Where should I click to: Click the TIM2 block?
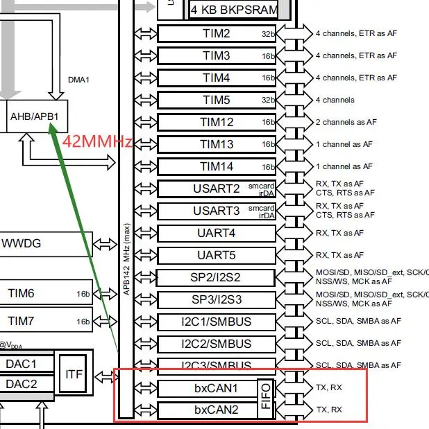pos(216,33)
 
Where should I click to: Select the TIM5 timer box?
pos(216,100)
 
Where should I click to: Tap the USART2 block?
pos(216,189)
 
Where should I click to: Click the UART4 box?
pos(216,233)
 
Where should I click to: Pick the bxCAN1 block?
pos(207,388)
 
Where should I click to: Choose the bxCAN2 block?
pos(207,410)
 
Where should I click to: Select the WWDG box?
pos(46,244)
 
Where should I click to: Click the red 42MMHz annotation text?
pos(97,142)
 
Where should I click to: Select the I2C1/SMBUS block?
pos(216,322)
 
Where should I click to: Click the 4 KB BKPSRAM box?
pos(234,10)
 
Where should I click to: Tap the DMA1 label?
pos(78,80)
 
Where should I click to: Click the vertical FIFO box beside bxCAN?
pos(266,399)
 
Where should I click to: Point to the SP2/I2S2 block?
pos(216,277)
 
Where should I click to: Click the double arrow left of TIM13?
pos(145,144)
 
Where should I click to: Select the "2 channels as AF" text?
pos(346,122)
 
